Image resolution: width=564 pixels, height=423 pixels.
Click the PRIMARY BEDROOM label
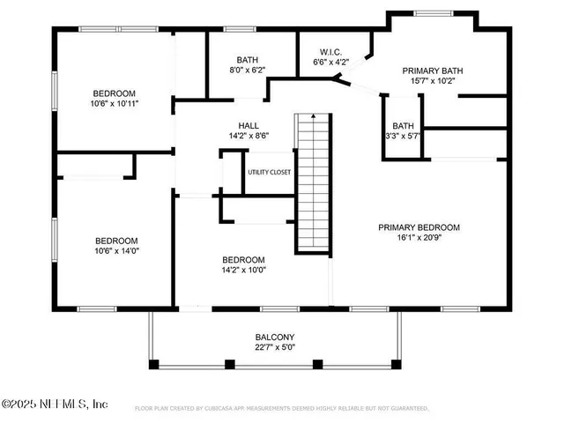click(419, 227)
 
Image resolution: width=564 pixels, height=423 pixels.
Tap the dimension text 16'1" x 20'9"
click(419, 239)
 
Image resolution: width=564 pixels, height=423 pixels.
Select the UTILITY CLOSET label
click(269, 172)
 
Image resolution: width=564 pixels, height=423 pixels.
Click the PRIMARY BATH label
click(433, 70)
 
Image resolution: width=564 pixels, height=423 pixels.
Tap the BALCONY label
click(275, 338)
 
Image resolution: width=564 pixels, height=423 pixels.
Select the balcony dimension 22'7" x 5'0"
click(275, 348)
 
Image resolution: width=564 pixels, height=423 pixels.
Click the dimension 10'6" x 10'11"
click(115, 103)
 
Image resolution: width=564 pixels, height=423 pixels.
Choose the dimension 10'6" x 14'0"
click(115, 251)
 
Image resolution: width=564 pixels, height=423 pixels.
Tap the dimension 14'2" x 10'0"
click(243, 271)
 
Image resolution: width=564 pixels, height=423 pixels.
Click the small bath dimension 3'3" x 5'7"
click(403, 137)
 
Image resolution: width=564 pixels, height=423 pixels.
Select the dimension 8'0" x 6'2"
click(235, 70)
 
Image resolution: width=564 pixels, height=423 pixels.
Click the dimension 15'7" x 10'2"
click(433, 81)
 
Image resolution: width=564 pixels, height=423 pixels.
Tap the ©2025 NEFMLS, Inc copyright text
click(55, 404)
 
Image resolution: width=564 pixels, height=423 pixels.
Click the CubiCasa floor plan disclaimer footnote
click(281, 409)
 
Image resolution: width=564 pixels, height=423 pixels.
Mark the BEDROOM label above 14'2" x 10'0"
click(243, 259)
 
